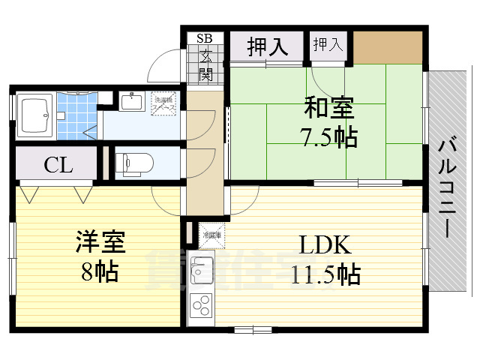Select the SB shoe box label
(204, 38)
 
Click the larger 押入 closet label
(268, 47)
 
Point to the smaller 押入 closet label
(328, 44)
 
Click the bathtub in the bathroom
(34, 116)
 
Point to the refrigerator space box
(210, 235)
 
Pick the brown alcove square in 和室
(388, 47)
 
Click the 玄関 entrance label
(205, 65)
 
